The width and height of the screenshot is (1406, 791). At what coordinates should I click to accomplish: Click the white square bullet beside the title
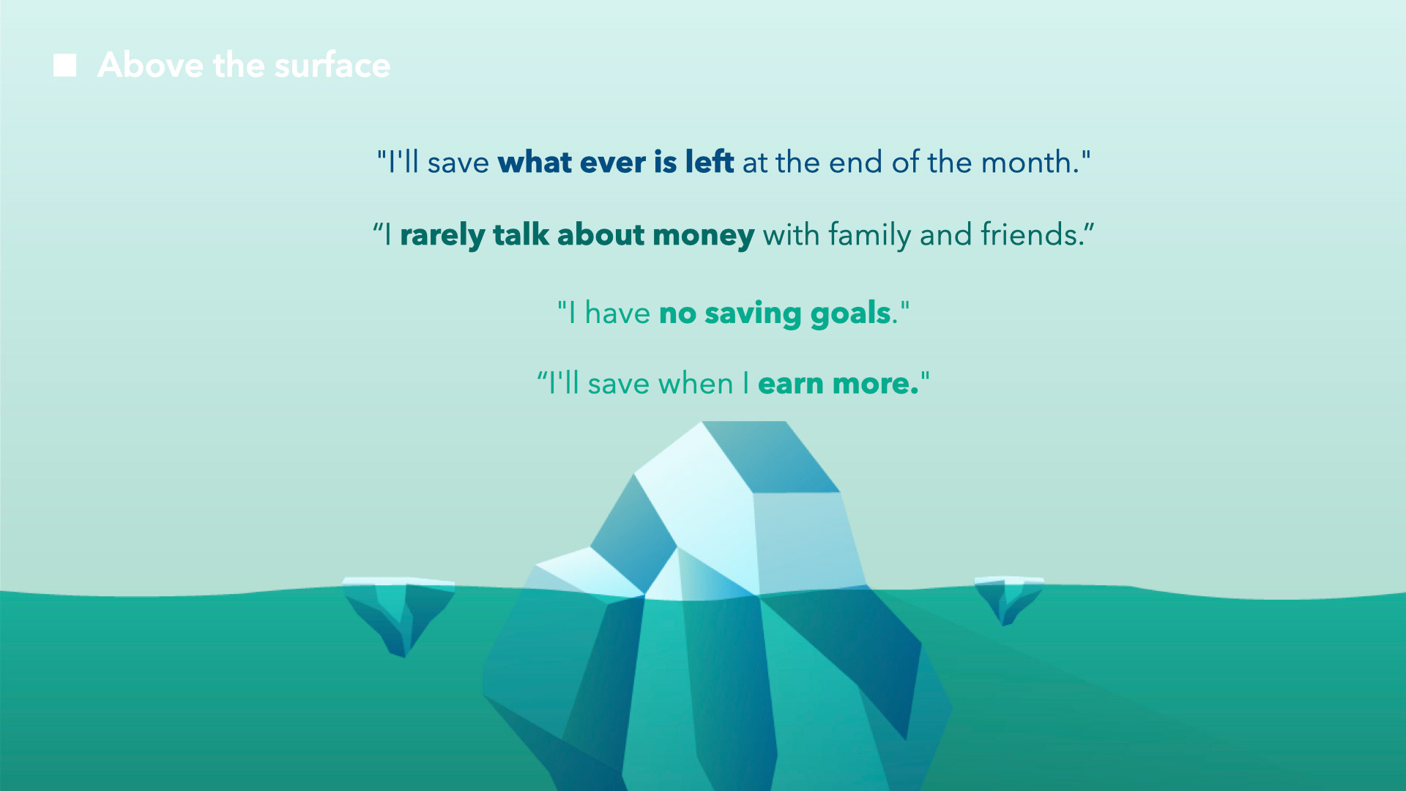click(64, 65)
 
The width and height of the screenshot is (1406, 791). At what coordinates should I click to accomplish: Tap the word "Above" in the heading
click(151, 64)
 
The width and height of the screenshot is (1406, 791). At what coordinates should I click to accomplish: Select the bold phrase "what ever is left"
click(616, 162)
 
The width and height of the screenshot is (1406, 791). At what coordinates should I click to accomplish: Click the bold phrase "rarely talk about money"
click(577, 235)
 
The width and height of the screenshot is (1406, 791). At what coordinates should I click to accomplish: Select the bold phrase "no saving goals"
click(775, 313)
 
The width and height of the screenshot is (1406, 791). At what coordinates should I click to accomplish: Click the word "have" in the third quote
click(617, 313)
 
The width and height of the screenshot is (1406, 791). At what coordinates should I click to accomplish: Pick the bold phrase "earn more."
click(838, 383)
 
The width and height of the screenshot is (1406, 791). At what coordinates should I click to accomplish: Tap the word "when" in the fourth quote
click(696, 383)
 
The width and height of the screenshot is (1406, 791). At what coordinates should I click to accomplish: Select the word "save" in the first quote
click(458, 163)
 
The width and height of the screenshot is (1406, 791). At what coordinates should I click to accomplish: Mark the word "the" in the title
click(239, 64)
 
